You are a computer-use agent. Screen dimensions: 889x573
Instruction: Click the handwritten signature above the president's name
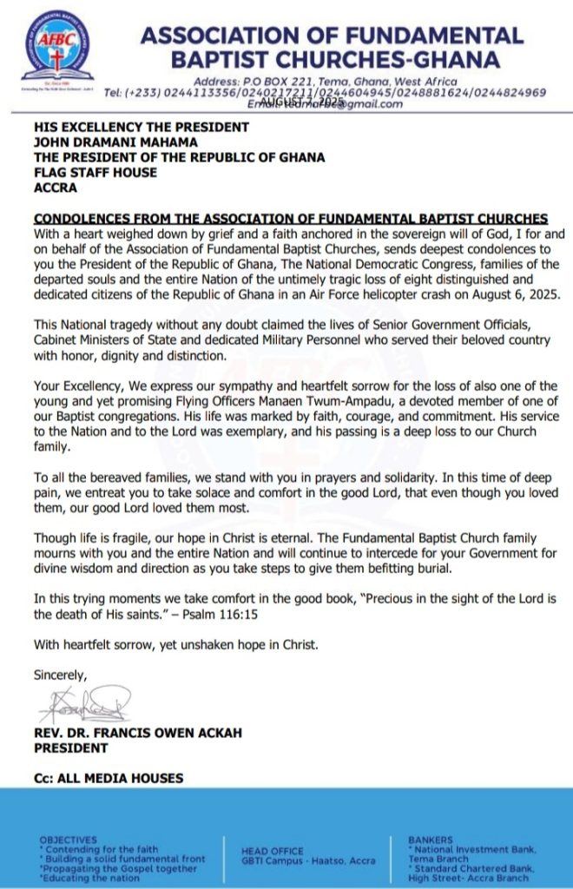pos(84,701)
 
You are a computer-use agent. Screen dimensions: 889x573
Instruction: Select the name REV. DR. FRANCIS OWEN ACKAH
pos(138,733)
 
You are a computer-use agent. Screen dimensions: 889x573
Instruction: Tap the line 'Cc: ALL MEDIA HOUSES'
pos(109,778)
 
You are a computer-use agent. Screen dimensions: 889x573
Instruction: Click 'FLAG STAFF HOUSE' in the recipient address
pos(95,172)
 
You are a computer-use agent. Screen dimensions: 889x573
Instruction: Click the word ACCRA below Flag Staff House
pos(56,187)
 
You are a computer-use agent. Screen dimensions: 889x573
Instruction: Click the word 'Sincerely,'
pos(60,674)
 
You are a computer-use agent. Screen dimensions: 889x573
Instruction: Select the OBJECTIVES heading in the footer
pos(69,840)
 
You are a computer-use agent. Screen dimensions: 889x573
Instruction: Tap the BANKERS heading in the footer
pos(430,840)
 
